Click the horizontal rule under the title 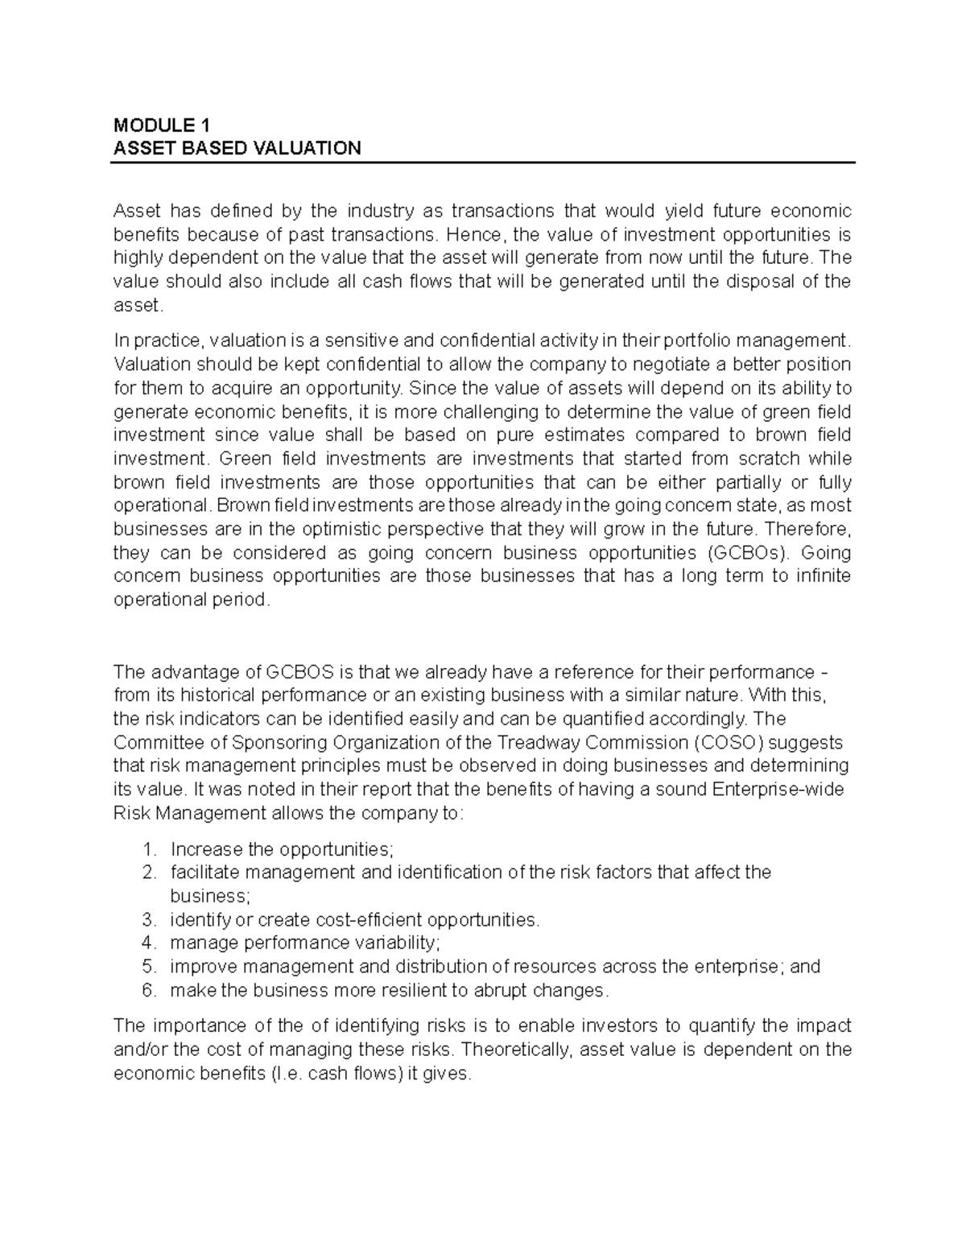click(x=481, y=163)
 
